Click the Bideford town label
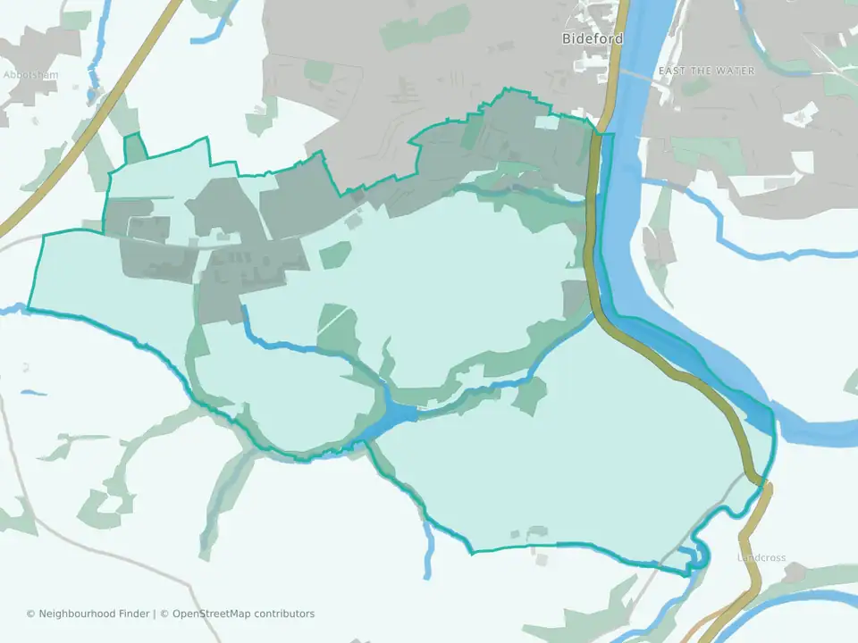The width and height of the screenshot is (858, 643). click(592, 38)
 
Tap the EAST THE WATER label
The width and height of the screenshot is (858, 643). click(706, 71)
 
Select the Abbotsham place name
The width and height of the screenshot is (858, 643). click(30, 75)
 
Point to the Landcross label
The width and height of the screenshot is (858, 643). click(761, 558)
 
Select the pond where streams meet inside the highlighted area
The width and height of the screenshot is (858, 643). click(399, 413)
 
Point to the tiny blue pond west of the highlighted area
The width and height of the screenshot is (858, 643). click(33, 392)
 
